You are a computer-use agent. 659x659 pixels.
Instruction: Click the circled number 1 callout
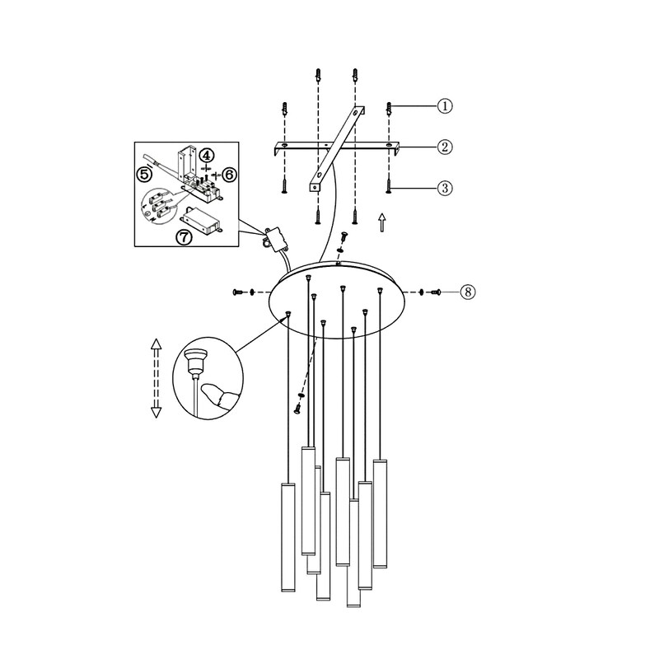[x=445, y=105]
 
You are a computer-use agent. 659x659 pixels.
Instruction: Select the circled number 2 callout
[x=445, y=147]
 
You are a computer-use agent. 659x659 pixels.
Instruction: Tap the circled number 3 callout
[x=445, y=188]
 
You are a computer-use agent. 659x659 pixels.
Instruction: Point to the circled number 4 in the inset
[x=206, y=156]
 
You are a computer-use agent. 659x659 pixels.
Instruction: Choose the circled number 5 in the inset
[x=145, y=174]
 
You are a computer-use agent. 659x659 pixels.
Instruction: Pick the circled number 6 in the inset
[x=230, y=174]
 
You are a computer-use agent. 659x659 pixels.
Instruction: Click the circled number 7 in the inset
[x=184, y=237]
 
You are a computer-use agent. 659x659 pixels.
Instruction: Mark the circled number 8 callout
[x=468, y=292]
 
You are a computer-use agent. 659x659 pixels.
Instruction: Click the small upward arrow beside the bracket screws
[x=381, y=222]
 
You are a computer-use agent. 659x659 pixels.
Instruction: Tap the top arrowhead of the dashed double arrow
[x=156, y=344]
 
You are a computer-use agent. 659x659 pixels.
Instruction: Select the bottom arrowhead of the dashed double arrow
[x=156, y=413]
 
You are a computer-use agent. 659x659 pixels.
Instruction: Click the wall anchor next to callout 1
[x=389, y=110]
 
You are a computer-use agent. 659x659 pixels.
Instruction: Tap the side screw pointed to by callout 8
[x=435, y=292]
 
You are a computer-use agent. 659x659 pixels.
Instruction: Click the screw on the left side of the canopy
[x=237, y=292]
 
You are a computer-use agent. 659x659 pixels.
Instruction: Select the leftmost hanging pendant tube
[x=287, y=538]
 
